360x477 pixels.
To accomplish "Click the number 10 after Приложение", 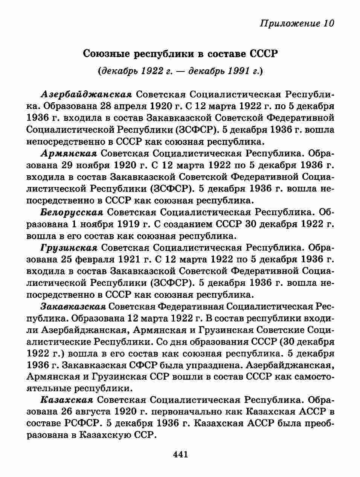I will pyautogui.click(x=328, y=23).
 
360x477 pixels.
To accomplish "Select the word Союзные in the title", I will pyautogui.click(x=107, y=54).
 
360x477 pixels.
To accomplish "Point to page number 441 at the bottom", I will pyautogui.click(x=180, y=454).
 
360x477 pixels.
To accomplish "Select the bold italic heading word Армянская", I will pyautogui.click(x=69, y=153).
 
